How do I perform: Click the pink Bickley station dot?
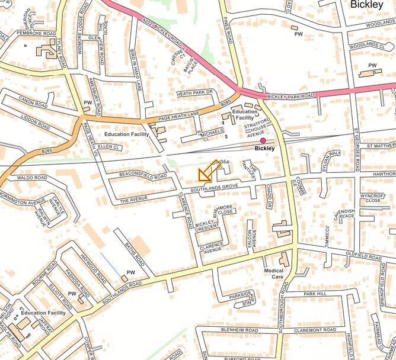[x=263, y=141]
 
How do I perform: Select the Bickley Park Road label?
[x=290, y=95]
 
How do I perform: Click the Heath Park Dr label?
[x=194, y=92]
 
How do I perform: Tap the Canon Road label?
[x=33, y=102]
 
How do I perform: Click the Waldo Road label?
[x=31, y=177]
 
